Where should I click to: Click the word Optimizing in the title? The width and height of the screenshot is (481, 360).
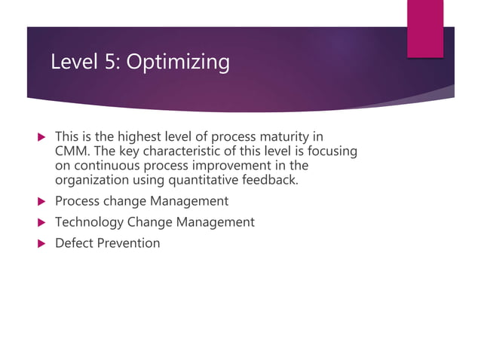(179, 62)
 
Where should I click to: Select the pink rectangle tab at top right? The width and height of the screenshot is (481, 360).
(424, 29)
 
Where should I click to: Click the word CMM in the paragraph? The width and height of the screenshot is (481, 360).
(72, 151)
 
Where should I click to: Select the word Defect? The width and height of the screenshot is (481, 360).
(74, 243)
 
